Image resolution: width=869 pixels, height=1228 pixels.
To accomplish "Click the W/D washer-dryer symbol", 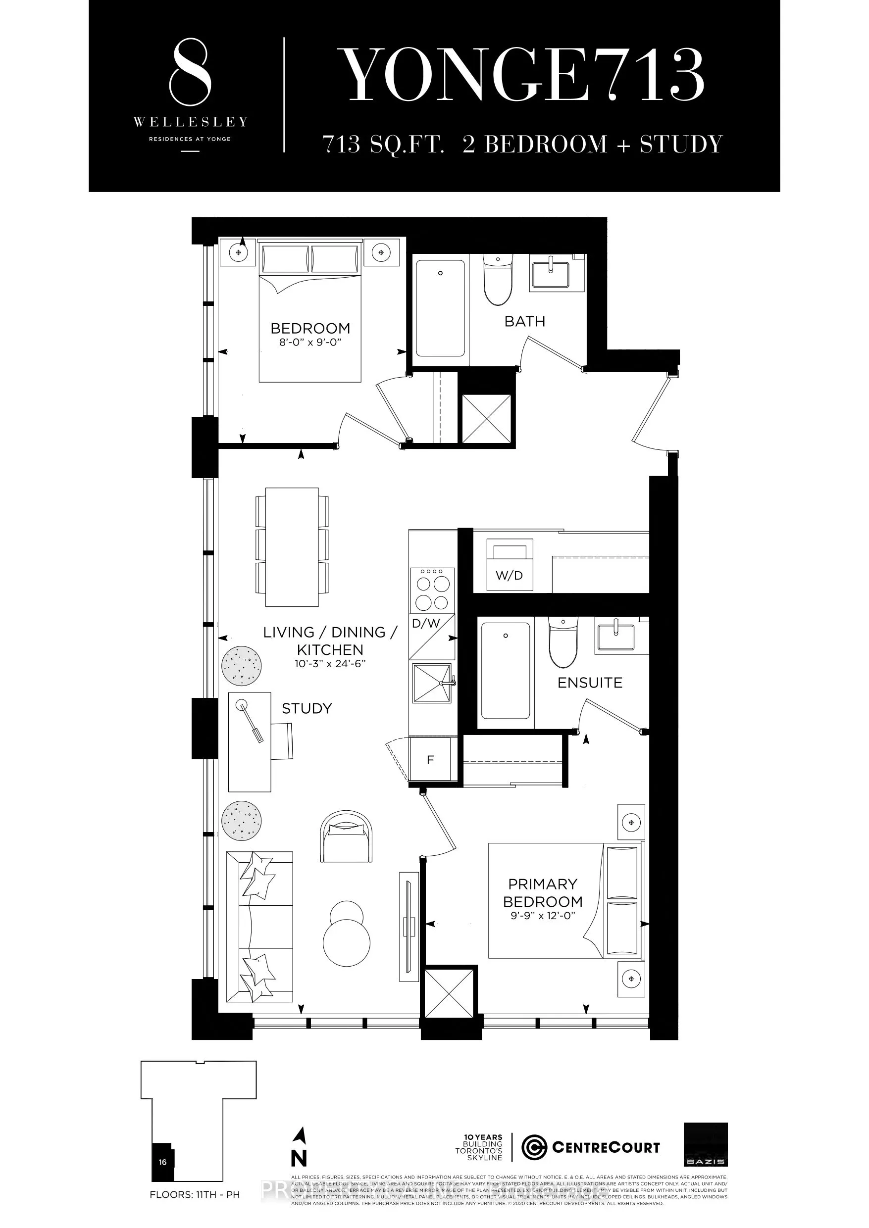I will (509, 565).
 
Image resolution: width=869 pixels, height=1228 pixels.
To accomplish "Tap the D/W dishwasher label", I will (426, 623).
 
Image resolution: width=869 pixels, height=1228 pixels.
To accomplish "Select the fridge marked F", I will (430, 759).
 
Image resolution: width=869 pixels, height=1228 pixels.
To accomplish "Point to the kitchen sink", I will (432, 683).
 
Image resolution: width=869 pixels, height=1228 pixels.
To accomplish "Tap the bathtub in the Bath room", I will (440, 308).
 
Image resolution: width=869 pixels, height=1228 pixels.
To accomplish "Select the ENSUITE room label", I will (590, 683).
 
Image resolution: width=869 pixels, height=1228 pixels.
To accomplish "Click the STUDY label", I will (307, 709).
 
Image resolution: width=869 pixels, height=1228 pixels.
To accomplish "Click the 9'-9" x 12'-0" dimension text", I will (543, 915).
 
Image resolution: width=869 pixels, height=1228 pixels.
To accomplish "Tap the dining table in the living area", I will (292, 546).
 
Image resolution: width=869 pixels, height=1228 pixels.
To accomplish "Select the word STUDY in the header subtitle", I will (681, 145).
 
